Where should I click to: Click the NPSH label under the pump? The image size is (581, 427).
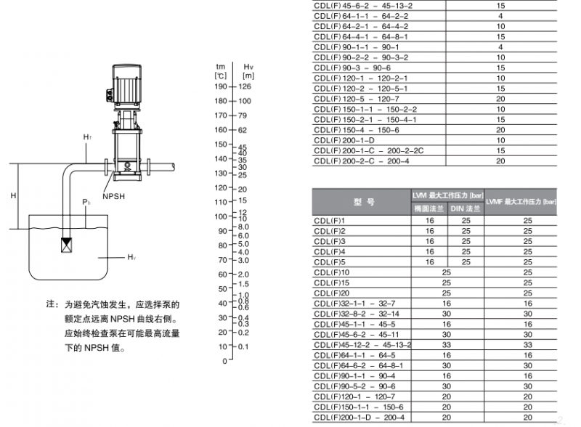click(113, 197)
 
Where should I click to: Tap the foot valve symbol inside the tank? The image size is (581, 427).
click(67, 245)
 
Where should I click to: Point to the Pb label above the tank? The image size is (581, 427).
click(86, 203)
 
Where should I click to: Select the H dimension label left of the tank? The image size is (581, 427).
click(13, 195)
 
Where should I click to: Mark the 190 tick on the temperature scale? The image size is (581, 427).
click(221, 86)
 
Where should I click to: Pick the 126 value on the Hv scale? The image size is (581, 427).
click(245, 86)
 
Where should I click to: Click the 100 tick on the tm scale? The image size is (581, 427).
click(221, 216)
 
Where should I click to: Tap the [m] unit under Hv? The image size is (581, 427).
click(248, 76)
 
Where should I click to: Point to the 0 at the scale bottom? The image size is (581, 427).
click(224, 361)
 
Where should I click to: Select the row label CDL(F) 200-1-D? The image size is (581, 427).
click(344, 140)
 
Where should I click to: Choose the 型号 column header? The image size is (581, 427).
click(364, 202)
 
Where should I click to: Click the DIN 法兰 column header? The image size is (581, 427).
click(466, 208)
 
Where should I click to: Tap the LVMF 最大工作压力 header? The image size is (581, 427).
click(521, 202)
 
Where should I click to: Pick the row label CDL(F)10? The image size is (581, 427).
click(331, 272)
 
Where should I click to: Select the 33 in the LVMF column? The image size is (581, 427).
click(528, 345)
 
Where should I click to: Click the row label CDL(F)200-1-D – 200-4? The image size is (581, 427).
click(359, 418)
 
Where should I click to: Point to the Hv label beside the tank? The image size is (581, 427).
click(131, 257)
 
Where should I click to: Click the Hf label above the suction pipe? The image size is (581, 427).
click(87, 137)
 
